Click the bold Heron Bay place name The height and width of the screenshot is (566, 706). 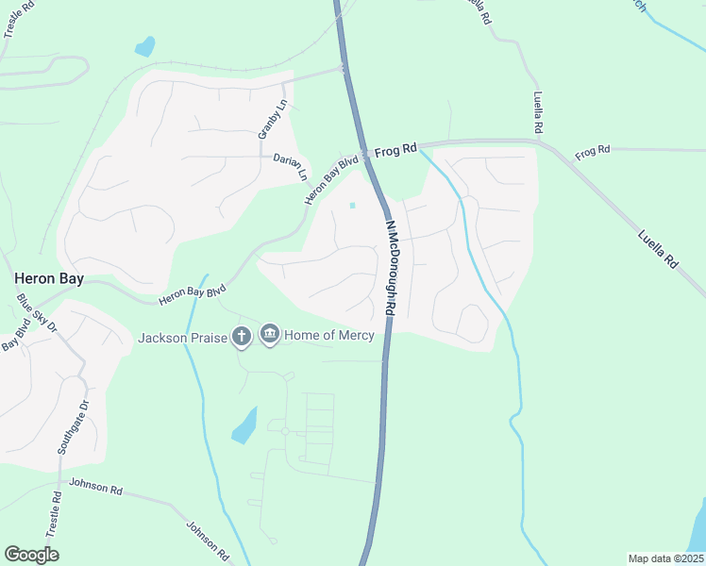point(49,279)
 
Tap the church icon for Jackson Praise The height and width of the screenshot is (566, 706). point(242,336)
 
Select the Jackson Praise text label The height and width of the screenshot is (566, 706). point(183,337)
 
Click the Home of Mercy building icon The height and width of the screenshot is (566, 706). point(270,335)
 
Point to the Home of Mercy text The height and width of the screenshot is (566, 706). point(330,335)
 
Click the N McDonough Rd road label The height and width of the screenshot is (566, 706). point(390,268)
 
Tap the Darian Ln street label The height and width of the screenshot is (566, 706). point(291,166)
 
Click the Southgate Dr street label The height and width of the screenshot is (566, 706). point(71,427)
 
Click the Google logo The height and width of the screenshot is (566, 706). point(31,555)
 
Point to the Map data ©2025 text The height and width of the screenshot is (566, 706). point(665,558)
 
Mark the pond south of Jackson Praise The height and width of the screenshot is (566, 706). point(244,425)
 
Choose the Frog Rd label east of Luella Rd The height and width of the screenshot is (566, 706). point(592,150)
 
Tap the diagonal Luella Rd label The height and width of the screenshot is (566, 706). point(658,247)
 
